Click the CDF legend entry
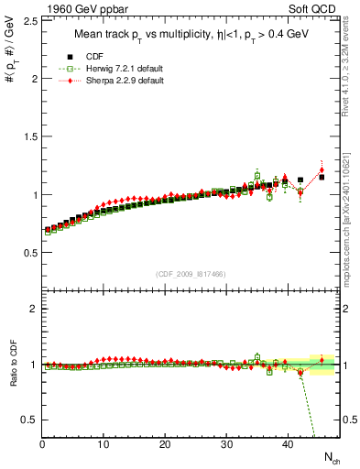(x=93, y=57)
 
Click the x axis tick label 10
(x=104, y=445)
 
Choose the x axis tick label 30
(x=226, y=445)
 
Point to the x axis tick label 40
(x=288, y=445)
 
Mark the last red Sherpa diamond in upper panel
(x=322, y=170)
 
